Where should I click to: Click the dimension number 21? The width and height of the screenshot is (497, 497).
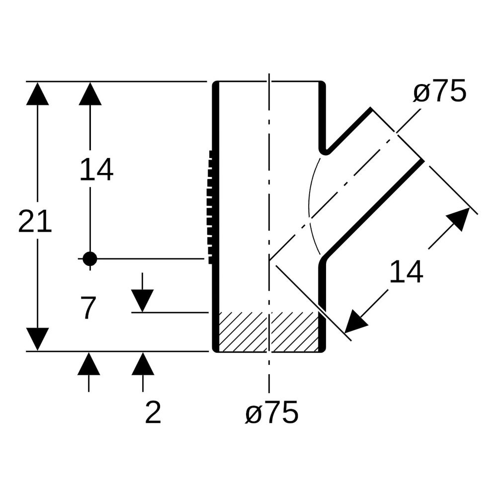[x=35, y=222]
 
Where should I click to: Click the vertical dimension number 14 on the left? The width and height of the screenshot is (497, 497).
[x=96, y=170]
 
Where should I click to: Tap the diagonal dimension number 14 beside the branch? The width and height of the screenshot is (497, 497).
[x=406, y=272]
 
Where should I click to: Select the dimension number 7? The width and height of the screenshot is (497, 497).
[x=88, y=308]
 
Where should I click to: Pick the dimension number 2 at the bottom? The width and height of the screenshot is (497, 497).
[x=153, y=412]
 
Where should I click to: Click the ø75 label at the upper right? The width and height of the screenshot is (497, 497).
[x=440, y=91]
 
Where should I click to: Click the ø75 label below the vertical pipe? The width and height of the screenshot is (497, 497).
[x=272, y=412]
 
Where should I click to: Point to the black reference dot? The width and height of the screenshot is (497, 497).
[x=89, y=258]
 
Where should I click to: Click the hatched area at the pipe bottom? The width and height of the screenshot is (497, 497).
[x=269, y=332]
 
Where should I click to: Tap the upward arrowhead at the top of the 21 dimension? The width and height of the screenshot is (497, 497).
[x=37, y=93]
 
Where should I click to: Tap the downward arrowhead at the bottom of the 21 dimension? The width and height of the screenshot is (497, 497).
[x=37, y=339]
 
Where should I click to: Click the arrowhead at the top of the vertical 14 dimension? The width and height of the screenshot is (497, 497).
[x=90, y=93]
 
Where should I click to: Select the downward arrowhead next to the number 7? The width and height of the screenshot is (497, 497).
[x=142, y=301]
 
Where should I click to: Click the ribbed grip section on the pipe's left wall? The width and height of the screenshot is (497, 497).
[x=210, y=207]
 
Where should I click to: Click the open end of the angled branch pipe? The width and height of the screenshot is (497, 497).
[x=397, y=134]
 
